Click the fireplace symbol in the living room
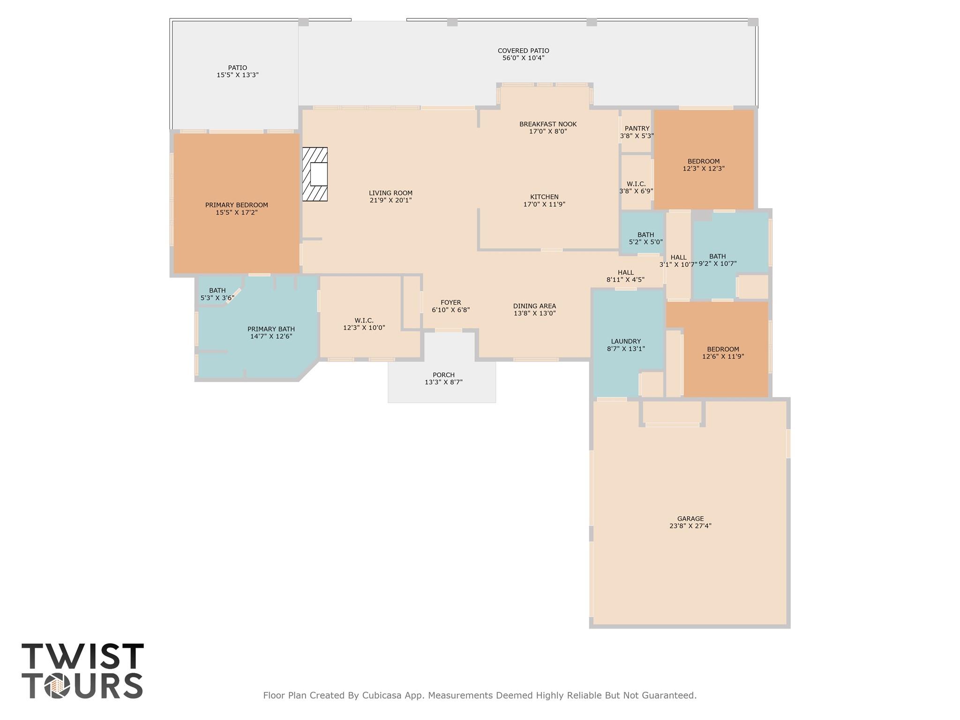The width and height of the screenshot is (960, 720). coord(315,174)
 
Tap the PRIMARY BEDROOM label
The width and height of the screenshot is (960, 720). coord(237,205)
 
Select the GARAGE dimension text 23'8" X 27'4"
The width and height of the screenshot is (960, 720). coord(690,526)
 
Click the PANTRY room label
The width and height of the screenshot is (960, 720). coord(637,128)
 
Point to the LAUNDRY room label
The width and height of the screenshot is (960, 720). coord(626,341)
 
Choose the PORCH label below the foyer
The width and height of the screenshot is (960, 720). coord(443,375)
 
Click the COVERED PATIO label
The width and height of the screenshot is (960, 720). coord(523,51)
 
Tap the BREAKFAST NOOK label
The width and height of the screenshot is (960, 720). coord(548,124)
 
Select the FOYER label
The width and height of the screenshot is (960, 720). coord(450,303)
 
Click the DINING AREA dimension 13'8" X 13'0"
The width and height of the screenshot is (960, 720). coord(534,314)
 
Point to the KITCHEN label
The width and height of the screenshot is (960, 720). coord(544,197)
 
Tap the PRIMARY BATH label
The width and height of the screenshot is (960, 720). coord(271,329)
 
